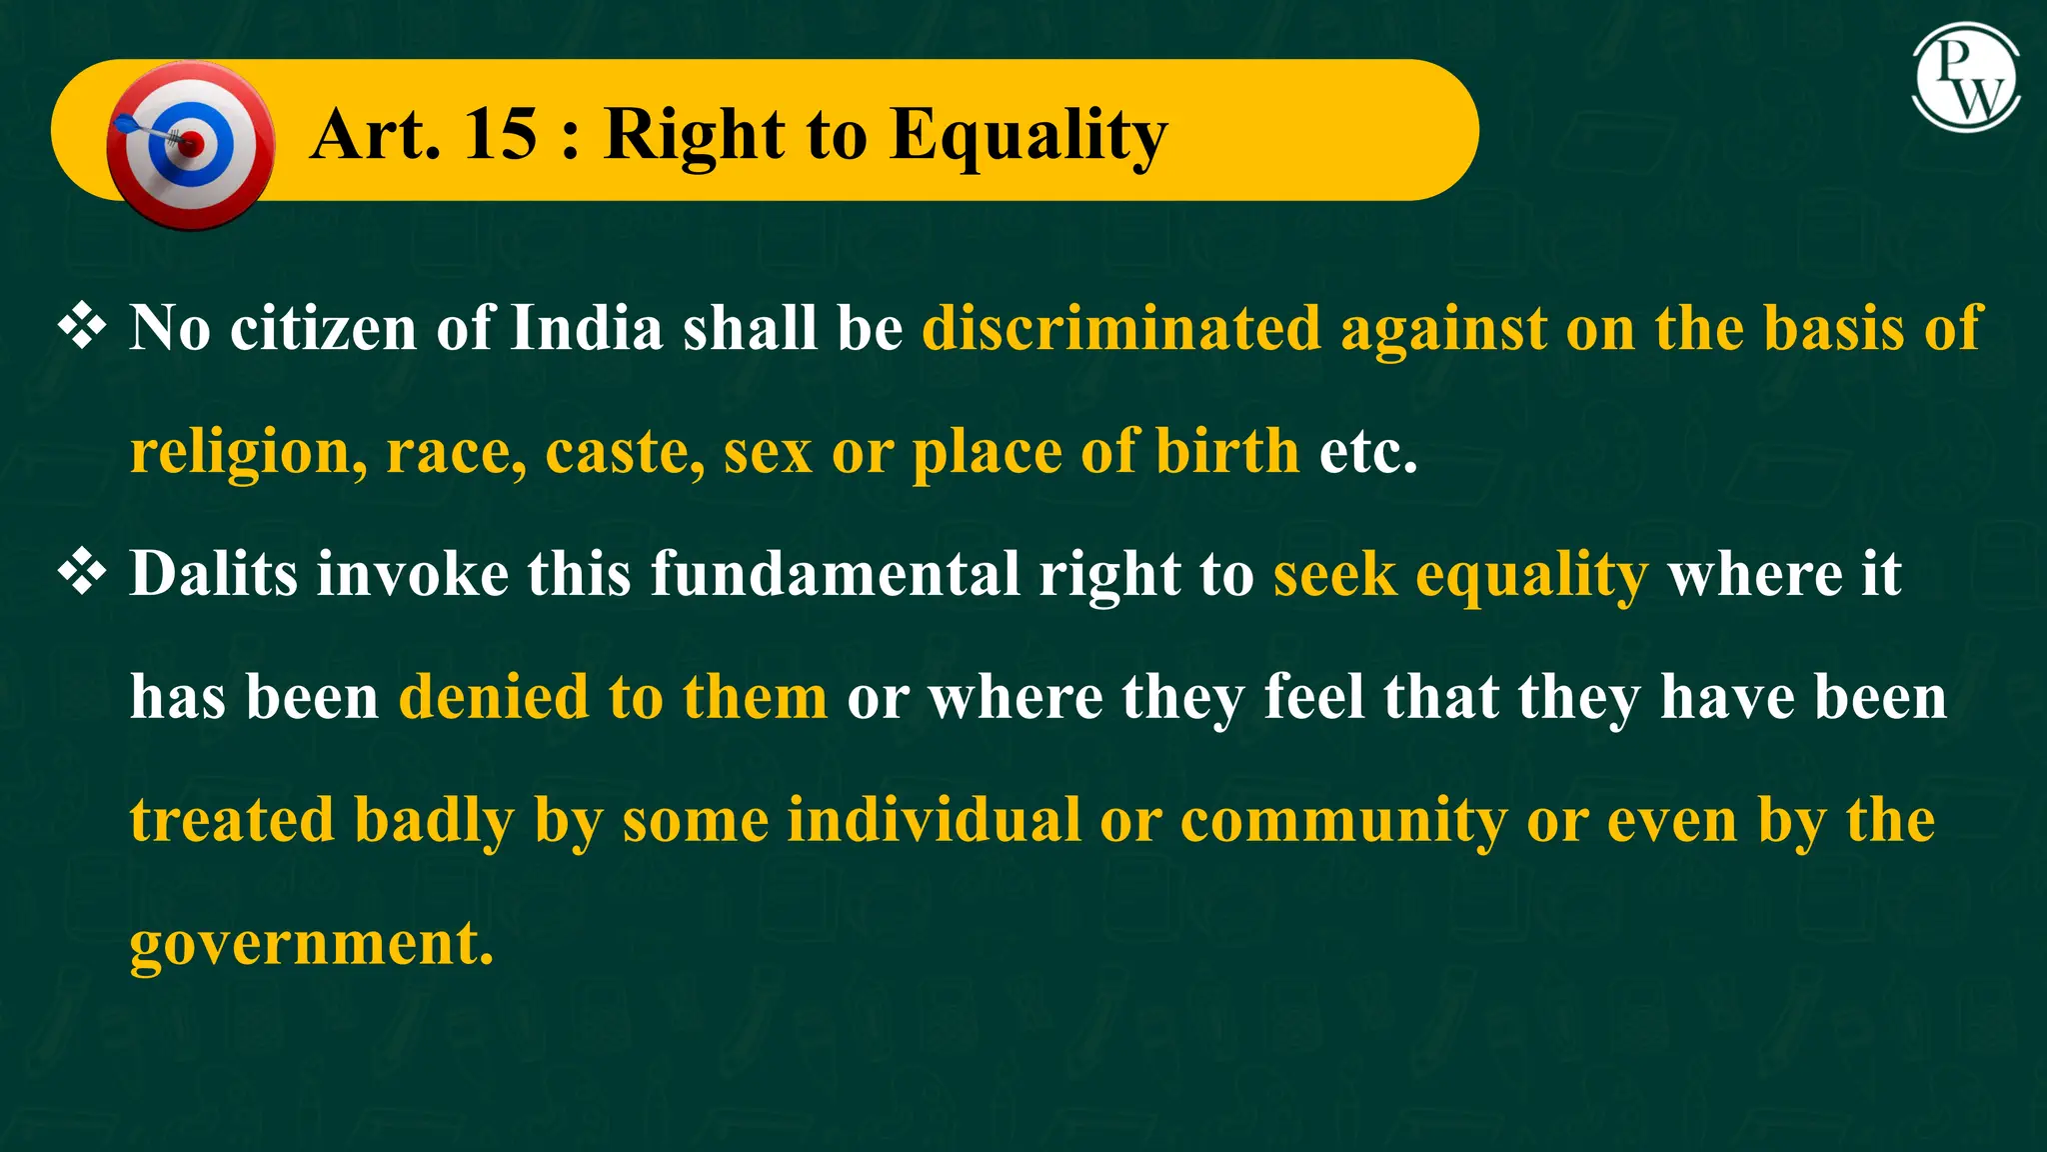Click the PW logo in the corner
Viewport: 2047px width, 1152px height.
(1966, 79)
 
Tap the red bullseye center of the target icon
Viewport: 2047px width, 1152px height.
(191, 144)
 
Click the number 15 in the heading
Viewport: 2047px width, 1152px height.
(501, 134)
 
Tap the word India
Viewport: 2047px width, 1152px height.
(587, 328)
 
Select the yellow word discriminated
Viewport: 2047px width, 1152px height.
(1120, 328)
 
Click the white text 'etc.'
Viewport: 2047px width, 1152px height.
(1368, 451)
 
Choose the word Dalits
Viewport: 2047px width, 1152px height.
(214, 574)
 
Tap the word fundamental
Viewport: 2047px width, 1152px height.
(836, 574)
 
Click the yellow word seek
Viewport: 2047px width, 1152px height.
(1334, 574)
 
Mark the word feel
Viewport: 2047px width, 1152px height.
(1313, 697)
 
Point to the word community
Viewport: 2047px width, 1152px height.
(1343, 822)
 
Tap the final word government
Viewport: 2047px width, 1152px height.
(312, 943)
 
